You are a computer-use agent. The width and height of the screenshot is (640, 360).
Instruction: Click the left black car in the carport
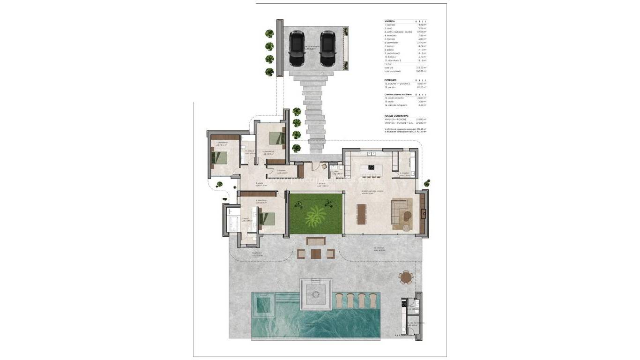297,49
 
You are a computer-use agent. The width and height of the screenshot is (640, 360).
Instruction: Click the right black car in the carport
327,49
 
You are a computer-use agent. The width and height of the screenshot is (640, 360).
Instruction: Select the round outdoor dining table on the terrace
406,277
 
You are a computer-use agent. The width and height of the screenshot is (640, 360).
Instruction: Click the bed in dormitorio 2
276,137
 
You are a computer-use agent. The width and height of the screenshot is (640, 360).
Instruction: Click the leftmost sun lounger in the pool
340,300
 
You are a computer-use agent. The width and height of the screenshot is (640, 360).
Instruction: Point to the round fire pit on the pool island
316,294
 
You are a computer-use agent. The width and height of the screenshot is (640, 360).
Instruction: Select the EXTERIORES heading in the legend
391,80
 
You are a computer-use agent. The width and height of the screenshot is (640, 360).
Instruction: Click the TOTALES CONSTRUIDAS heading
396,115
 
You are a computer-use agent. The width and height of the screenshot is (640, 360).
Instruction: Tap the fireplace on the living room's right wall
424,214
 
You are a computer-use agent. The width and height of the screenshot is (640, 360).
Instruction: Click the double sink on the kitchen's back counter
372,153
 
